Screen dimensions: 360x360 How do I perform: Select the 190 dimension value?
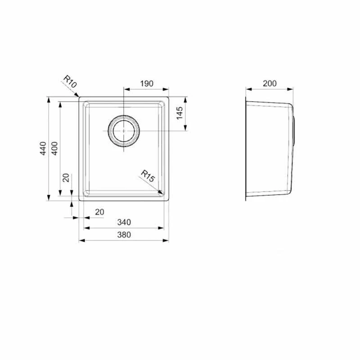coord(146,83)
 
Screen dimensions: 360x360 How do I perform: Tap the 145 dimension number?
coord(180,113)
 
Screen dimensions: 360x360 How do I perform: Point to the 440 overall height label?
coord(43,148)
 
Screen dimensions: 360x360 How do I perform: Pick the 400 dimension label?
coord(54,148)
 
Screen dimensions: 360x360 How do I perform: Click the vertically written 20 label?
coord(66,178)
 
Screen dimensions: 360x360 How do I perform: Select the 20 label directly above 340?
coord(99,211)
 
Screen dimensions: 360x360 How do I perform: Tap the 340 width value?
coord(124,222)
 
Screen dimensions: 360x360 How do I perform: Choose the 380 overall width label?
coord(124,234)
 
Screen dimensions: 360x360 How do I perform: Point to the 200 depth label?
coord(269,83)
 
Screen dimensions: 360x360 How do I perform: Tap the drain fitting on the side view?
coord(294,130)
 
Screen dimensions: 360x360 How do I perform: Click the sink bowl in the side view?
coord(269,148)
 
